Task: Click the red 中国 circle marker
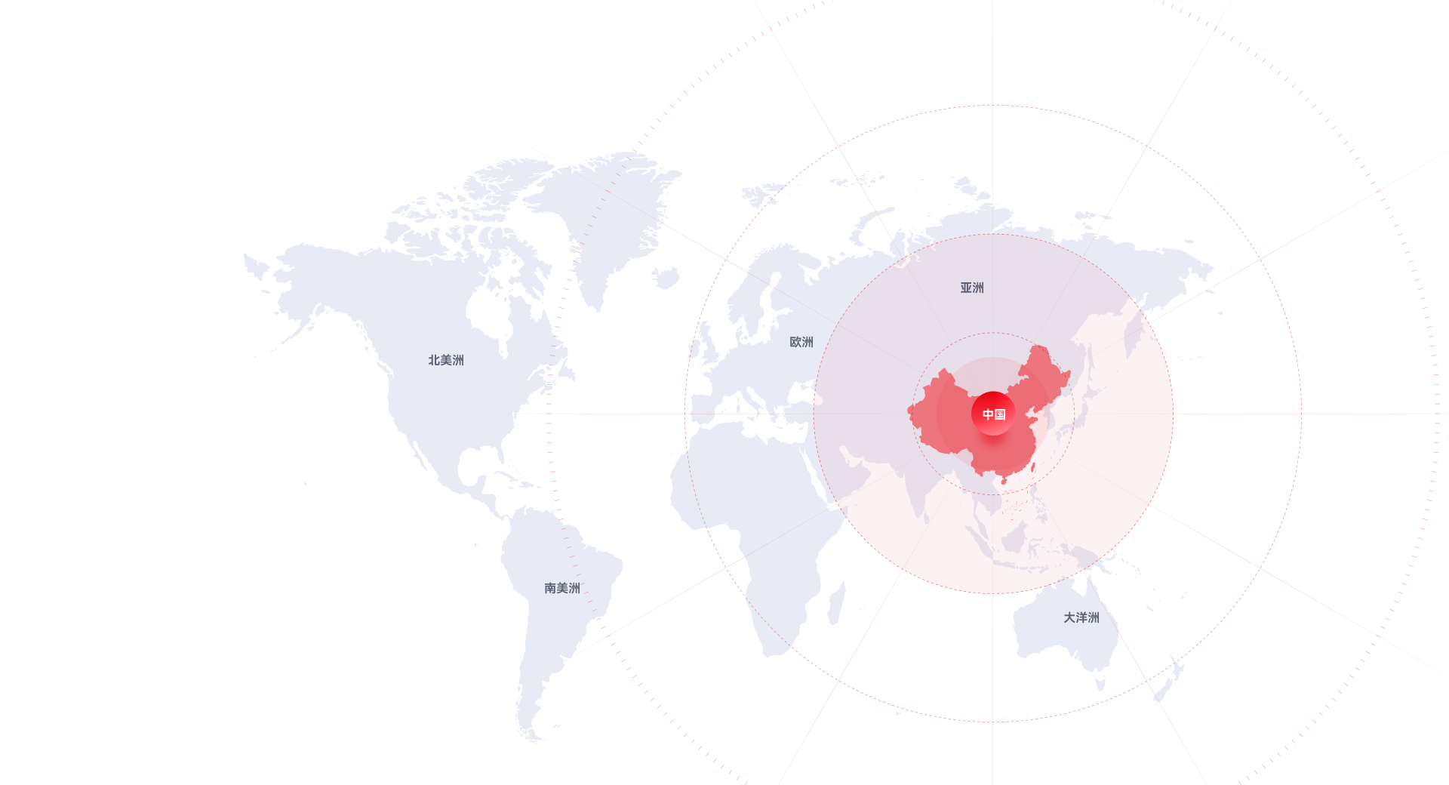point(993,414)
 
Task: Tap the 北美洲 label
point(446,360)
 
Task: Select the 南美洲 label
point(562,588)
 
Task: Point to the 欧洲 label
point(801,342)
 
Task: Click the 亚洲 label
point(972,288)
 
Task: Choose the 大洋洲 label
point(1081,617)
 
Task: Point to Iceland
point(666,279)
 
